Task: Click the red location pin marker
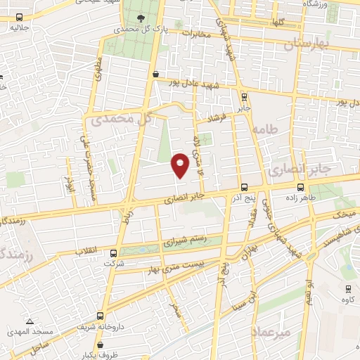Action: [x=181, y=166]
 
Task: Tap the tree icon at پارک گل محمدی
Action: [x=143, y=18]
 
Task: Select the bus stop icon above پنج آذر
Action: [x=244, y=187]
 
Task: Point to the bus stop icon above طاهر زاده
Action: [x=301, y=187]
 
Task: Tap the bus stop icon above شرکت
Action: [x=114, y=253]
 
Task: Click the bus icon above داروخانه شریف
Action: [x=101, y=316]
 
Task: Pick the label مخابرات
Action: [x=196, y=33]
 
